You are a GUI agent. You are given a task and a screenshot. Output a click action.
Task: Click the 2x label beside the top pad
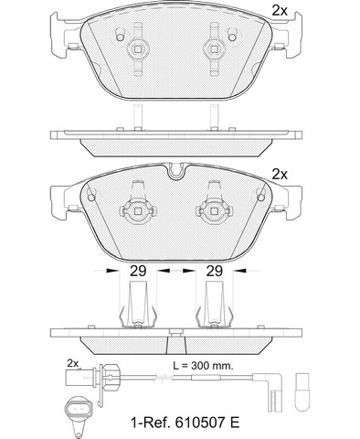click(280, 11)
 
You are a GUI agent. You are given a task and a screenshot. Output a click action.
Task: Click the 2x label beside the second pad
click(280, 175)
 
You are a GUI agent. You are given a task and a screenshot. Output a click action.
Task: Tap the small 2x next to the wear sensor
click(73, 363)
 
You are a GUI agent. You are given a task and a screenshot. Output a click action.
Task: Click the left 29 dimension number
click(138, 271)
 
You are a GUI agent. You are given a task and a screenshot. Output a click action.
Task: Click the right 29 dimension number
click(215, 271)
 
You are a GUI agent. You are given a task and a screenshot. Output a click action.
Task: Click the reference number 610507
click(201, 423)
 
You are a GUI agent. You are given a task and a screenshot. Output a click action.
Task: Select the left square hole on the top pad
click(138, 49)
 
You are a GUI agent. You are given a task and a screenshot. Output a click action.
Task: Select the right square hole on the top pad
click(214, 49)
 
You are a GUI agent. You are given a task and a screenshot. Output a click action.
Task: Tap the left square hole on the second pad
click(138, 211)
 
